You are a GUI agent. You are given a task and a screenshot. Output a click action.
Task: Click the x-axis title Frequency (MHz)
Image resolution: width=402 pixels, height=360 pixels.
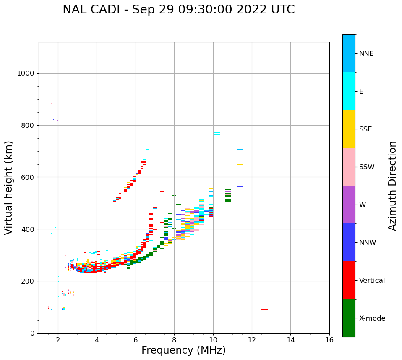coord(183,350)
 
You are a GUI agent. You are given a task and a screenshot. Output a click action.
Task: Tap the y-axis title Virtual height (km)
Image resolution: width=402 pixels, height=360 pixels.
coord(9,187)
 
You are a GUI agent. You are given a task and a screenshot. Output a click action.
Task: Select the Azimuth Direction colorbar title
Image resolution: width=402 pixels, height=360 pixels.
coord(392,186)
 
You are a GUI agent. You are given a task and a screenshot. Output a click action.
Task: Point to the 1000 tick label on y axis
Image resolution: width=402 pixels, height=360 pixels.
coord(25,74)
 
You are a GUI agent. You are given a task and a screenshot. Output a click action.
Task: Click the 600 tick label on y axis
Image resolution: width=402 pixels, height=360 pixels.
coord(27,177)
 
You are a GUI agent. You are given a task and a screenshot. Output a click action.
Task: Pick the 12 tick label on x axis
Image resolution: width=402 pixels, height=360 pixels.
coord(252,340)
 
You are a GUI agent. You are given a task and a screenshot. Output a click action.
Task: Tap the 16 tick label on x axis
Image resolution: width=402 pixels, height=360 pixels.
coord(329,340)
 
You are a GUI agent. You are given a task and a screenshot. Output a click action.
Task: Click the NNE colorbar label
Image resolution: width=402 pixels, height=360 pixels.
coord(366,54)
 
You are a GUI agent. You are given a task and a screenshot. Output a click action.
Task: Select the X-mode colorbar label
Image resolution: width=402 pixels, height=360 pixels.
coord(372,318)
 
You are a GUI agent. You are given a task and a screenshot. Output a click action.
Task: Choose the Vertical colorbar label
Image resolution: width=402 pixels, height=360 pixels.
coord(372,281)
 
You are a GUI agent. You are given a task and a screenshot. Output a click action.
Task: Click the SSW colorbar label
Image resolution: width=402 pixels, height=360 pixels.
coord(367,167)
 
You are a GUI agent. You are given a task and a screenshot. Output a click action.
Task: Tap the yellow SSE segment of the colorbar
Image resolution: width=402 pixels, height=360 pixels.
coord(349,129)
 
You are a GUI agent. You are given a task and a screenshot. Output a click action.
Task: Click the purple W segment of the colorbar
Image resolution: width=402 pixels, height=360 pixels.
coord(349,205)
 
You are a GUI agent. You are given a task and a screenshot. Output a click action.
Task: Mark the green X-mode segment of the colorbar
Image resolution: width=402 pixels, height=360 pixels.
coord(349,318)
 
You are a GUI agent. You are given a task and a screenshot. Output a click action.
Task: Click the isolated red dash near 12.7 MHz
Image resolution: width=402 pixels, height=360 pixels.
coord(264,310)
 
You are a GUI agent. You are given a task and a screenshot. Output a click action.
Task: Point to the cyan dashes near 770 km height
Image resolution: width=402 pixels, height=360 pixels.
coord(217,134)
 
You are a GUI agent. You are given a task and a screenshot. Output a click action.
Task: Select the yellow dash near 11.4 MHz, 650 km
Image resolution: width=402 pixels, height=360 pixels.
coord(239,165)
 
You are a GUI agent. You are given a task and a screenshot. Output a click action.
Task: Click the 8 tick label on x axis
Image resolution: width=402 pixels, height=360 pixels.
coord(174,340)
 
